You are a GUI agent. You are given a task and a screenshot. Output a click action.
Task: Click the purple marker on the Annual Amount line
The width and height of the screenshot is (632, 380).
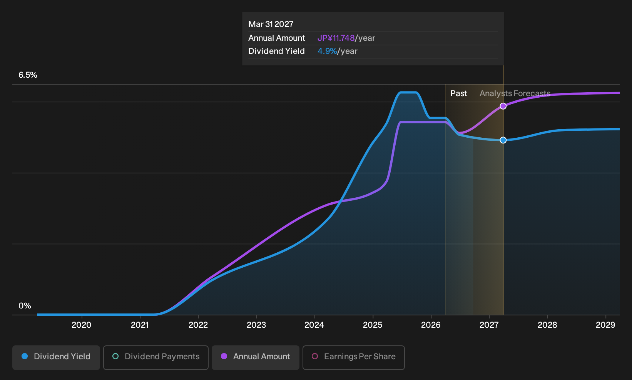pyautogui.click(x=503, y=106)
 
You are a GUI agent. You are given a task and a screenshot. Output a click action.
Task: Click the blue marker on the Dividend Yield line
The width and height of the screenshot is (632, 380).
pyautogui.click(x=503, y=140)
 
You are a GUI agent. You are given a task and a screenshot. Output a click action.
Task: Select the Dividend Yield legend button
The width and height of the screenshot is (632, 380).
pyautogui.click(x=56, y=357)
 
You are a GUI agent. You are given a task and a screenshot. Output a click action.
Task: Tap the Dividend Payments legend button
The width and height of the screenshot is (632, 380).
pyautogui.click(x=156, y=357)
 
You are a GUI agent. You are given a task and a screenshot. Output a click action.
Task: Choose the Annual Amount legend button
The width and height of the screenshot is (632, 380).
pyautogui.click(x=255, y=357)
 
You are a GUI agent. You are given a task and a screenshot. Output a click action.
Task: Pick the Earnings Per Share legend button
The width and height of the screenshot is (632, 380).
pyautogui.click(x=353, y=357)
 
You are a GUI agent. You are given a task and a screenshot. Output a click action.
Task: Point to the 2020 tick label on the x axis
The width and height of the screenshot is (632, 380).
pyautogui.click(x=82, y=325)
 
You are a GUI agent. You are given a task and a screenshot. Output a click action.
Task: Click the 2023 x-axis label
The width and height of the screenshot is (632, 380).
pyautogui.click(x=256, y=325)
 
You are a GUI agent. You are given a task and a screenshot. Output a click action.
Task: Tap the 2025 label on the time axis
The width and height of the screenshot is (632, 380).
pyautogui.click(x=373, y=325)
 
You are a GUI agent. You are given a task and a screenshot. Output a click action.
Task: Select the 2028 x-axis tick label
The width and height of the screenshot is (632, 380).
pyautogui.click(x=547, y=325)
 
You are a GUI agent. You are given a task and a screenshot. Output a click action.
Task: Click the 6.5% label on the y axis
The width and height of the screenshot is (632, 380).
pyautogui.click(x=28, y=75)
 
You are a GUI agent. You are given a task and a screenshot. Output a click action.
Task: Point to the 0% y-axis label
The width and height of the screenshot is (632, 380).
pyautogui.click(x=25, y=306)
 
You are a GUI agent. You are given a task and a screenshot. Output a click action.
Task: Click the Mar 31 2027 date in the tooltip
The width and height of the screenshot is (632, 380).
pyautogui.click(x=271, y=24)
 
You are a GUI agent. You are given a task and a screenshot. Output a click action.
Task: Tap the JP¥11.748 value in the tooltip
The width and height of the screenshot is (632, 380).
pyautogui.click(x=336, y=38)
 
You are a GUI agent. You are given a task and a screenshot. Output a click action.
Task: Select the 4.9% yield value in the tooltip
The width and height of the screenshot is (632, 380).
pyautogui.click(x=327, y=51)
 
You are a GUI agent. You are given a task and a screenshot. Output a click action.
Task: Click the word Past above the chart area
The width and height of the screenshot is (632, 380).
pyautogui.click(x=458, y=93)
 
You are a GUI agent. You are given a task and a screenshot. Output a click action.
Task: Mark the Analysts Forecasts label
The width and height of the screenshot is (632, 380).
pyautogui.click(x=515, y=93)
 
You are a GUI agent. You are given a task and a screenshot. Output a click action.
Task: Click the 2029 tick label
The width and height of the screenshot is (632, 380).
pyautogui.click(x=605, y=325)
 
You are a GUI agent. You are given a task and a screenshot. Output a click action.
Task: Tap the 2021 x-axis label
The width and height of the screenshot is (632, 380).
pyautogui.click(x=140, y=325)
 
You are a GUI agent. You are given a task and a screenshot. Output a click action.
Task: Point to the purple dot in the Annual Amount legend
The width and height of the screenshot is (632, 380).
pyautogui.click(x=224, y=356)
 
